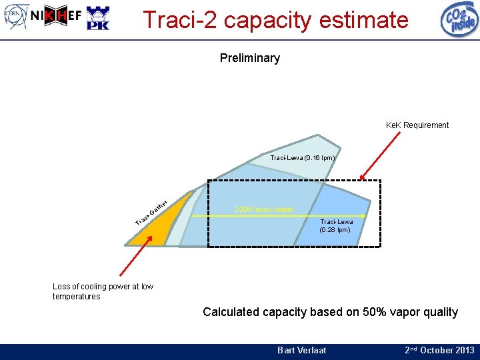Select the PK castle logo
pos(98,19)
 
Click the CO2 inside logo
pos(459,19)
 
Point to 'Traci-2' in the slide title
pos(180,20)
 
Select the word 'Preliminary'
pos(249,58)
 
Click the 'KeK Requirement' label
pos(417,125)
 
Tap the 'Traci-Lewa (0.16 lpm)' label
pos(302,158)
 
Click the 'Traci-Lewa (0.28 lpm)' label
pos(337,226)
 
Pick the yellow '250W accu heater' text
pos(264,209)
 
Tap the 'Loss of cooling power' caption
pos(103,291)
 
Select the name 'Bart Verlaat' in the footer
pos(301,350)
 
